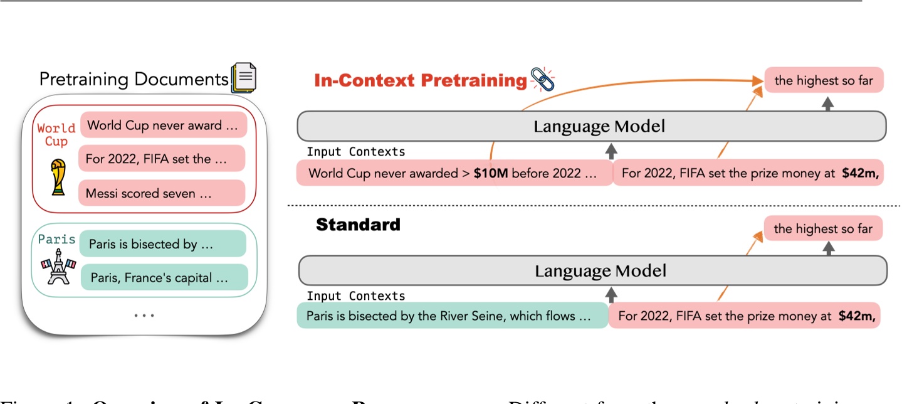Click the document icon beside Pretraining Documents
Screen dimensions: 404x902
coord(244,78)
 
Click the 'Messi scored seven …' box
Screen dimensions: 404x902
coord(162,193)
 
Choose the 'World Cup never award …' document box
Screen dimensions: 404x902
coord(164,125)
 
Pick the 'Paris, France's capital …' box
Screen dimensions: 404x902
coord(164,277)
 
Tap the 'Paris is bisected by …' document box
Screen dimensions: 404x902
coord(164,244)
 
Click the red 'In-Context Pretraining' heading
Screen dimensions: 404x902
coord(420,81)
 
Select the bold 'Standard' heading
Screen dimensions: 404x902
coord(358,225)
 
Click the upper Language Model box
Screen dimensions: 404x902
coord(591,127)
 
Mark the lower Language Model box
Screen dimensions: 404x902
coord(592,271)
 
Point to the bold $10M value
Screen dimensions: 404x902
coord(490,174)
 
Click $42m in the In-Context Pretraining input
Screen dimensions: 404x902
coord(861,174)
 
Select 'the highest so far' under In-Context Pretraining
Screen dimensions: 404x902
coord(823,80)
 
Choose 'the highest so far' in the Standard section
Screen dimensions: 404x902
coord(822,228)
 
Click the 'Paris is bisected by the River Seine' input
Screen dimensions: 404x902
coord(451,316)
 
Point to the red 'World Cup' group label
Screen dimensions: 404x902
coord(56,134)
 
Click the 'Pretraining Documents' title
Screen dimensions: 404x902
coord(134,79)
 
